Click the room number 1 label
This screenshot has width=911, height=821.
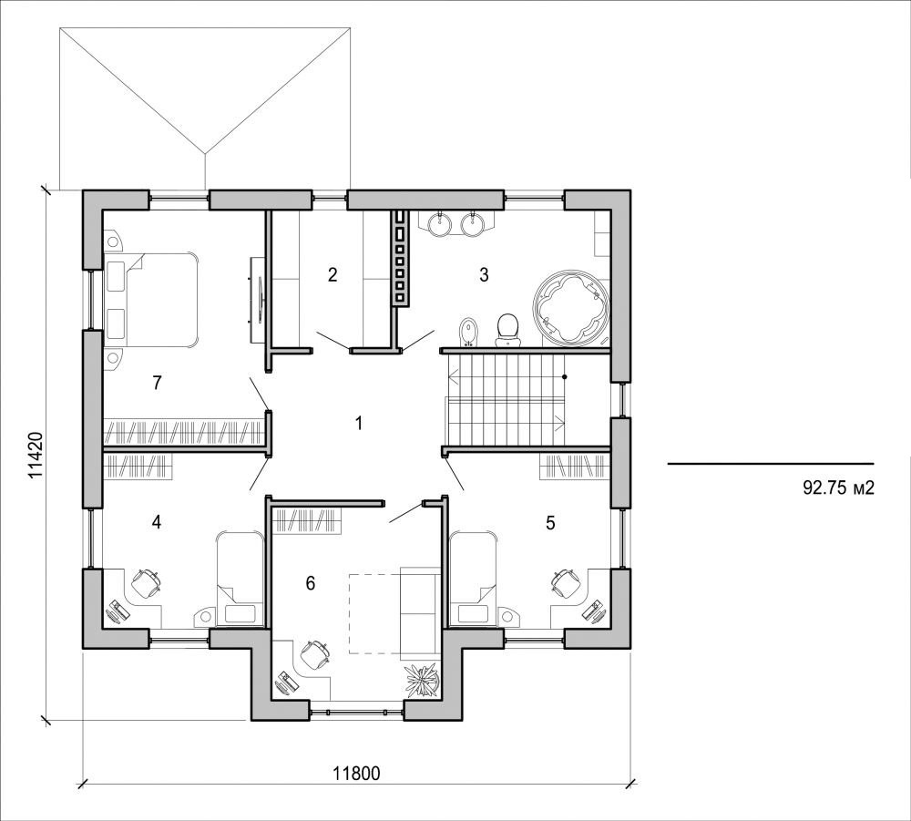(359, 423)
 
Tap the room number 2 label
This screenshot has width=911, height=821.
(333, 274)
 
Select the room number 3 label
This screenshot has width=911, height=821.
(484, 274)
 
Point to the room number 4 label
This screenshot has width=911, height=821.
(157, 522)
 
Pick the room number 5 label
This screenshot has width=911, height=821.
(550, 522)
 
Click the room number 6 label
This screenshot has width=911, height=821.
(311, 583)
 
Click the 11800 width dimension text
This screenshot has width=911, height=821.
(355, 774)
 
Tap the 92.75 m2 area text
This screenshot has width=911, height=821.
(838, 487)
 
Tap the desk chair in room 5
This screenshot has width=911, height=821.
(565, 580)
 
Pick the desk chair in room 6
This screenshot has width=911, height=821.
(315, 653)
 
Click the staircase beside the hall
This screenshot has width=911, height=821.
(506, 398)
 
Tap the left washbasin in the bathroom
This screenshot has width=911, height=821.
(440, 223)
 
